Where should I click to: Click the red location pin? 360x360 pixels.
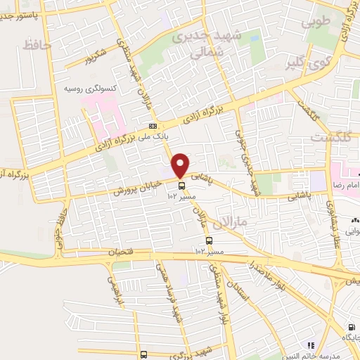coord(181,165)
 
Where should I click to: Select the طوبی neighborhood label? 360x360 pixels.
coord(316,23)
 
